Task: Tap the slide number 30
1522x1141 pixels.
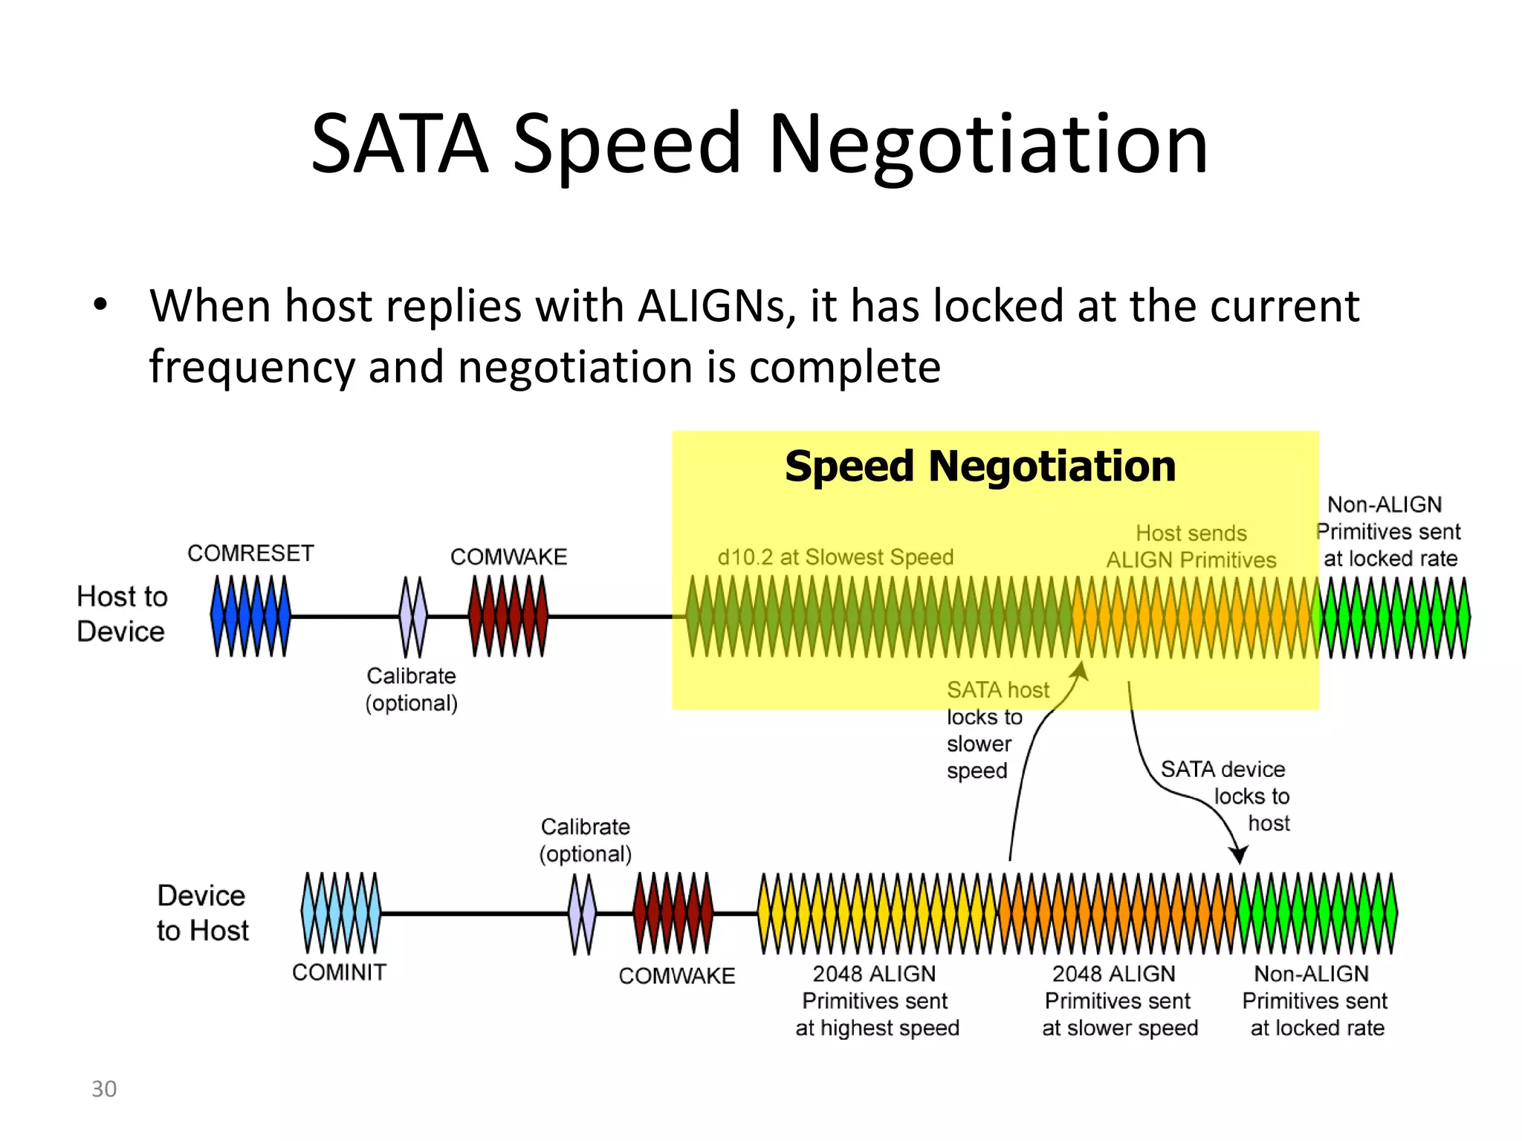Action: click(x=104, y=1089)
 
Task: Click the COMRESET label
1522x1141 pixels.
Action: click(x=250, y=553)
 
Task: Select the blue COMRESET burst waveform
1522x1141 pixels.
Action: click(x=250, y=616)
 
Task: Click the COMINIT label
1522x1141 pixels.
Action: click(x=339, y=972)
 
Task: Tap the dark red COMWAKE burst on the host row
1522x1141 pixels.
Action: click(x=508, y=616)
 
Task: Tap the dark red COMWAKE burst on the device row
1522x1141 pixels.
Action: click(x=673, y=912)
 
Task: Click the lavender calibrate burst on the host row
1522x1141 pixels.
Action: click(x=413, y=617)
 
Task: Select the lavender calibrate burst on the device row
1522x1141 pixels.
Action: click(x=582, y=913)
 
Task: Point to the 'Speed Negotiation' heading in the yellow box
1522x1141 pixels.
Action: click(x=980, y=467)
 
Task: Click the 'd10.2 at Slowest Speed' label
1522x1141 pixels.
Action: click(x=835, y=557)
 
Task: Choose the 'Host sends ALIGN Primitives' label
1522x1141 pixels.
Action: click(x=1191, y=547)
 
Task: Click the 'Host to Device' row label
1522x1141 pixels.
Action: click(x=122, y=614)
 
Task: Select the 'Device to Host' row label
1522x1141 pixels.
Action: click(x=202, y=913)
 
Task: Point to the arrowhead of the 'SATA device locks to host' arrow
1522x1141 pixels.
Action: click(x=1238, y=856)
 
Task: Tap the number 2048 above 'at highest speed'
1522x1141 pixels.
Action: click(x=837, y=974)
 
